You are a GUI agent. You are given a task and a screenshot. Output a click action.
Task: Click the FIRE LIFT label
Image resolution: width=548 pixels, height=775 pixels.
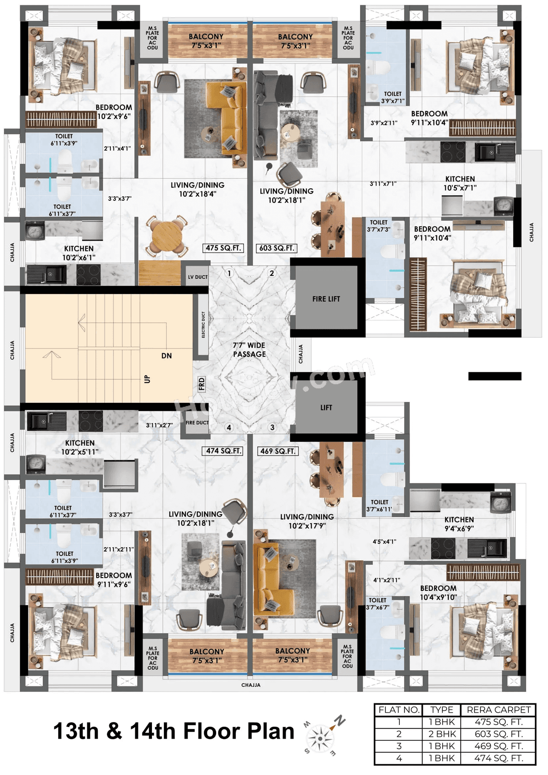pos(326,299)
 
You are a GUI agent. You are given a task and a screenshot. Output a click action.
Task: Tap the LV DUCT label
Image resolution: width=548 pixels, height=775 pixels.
pos(197,277)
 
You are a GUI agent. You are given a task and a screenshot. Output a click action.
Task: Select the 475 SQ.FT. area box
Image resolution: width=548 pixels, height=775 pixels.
pos(223,248)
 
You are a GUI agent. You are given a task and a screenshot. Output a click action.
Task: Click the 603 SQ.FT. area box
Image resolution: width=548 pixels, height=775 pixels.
pos(277,248)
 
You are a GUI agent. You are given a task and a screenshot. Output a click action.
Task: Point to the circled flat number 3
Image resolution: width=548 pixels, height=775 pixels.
pos(272,427)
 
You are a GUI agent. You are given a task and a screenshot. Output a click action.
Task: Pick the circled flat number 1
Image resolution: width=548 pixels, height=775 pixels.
pos(229,273)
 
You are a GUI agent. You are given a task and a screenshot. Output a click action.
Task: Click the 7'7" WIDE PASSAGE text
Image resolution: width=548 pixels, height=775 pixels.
pos(249,349)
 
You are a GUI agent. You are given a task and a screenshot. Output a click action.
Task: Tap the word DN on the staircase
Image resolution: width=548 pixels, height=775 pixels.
pos(167,355)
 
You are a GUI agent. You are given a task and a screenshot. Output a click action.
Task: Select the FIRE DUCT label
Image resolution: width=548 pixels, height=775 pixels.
pos(197,423)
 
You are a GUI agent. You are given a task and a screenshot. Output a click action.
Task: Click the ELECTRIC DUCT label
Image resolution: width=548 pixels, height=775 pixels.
pos(203,324)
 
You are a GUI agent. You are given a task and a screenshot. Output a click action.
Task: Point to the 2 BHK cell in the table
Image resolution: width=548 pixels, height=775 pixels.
pos(442,733)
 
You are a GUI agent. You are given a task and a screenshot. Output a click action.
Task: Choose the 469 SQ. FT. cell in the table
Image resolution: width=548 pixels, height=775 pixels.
pos(498,745)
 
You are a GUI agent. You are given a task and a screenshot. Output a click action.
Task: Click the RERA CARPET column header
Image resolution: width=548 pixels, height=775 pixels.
pos(498,709)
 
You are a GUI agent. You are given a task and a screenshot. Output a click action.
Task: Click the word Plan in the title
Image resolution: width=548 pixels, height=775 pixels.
pos(267,730)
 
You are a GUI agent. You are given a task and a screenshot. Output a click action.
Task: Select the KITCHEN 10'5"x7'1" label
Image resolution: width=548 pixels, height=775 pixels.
pos(460,183)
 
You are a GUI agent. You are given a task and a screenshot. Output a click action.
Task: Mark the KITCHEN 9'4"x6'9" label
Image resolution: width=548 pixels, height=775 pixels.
pos(459,524)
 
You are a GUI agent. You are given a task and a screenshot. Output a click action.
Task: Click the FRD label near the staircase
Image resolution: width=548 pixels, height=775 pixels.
pos(202,384)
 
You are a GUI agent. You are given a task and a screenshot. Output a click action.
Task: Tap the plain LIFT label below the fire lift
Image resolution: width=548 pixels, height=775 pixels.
pos(326,408)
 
